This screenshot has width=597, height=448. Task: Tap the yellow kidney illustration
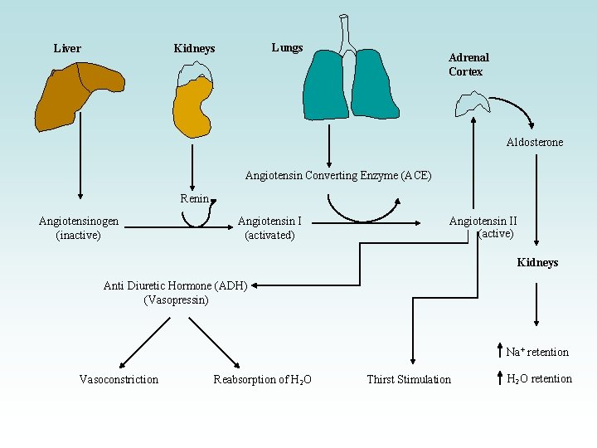coord(195,108)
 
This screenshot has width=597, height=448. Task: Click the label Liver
coord(67,48)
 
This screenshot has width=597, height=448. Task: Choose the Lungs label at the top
coord(287,47)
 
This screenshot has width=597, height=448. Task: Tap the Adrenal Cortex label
coord(468,65)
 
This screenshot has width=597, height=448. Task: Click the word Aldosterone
coord(534,142)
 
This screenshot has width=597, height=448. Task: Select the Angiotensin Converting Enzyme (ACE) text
coord(338,175)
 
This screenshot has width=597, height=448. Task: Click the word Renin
coord(195,198)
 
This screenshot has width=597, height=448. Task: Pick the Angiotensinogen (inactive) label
coord(79,228)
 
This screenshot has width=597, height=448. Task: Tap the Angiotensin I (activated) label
coord(269,228)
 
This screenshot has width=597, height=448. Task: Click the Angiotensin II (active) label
coord(483,227)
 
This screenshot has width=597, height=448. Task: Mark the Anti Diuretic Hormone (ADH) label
coord(175,292)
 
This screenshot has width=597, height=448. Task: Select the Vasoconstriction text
coord(119,379)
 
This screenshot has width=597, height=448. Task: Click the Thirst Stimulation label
coord(409,379)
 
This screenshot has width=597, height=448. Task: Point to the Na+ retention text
coord(536,352)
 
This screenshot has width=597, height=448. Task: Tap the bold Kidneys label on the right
coord(537,262)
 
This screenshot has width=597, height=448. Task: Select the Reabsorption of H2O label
coord(262,379)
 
